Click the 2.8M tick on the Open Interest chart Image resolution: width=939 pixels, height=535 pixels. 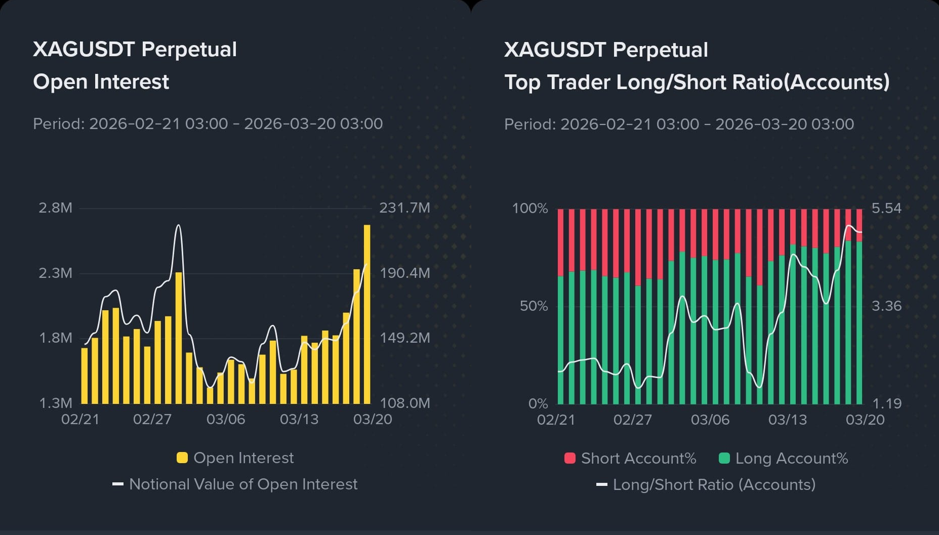pyautogui.click(x=55, y=208)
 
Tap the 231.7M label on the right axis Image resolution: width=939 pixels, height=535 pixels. pyautogui.click(x=404, y=208)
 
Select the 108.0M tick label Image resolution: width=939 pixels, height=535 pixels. pyautogui.click(x=404, y=403)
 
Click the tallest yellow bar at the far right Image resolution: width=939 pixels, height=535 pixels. pyautogui.click(x=367, y=314)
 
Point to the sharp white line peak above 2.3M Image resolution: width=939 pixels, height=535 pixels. pyautogui.click(x=178, y=226)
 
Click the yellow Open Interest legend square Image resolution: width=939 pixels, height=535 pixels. pyautogui.click(x=182, y=458)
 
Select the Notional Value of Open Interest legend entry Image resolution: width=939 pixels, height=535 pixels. pyautogui.click(x=243, y=484)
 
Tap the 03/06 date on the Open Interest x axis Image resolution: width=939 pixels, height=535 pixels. pyautogui.click(x=226, y=420)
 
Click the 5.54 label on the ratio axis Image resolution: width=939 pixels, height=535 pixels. pyautogui.click(x=886, y=208)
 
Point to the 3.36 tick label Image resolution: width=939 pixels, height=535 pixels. pyautogui.click(x=886, y=306)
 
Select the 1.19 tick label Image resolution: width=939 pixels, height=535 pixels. pyautogui.click(x=886, y=403)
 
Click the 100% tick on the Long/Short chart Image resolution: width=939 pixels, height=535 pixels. pyautogui.click(x=530, y=208)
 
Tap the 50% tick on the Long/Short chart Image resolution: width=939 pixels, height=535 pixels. pyautogui.click(x=534, y=306)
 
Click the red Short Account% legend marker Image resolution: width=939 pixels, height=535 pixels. pyautogui.click(x=570, y=458)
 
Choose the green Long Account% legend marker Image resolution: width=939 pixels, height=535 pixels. pyautogui.click(x=724, y=458)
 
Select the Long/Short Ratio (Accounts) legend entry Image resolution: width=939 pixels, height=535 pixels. pyautogui.click(x=714, y=485)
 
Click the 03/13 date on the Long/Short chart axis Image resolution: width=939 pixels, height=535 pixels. pyautogui.click(x=788, y=420)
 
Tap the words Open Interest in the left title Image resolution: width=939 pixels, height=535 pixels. pyautogui.click(x=101, y=82)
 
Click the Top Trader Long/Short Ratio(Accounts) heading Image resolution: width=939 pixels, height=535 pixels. pyautogui.click(x=697, y=83)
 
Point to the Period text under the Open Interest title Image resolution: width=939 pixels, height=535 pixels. pyautogui.click(x=208, y=124)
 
